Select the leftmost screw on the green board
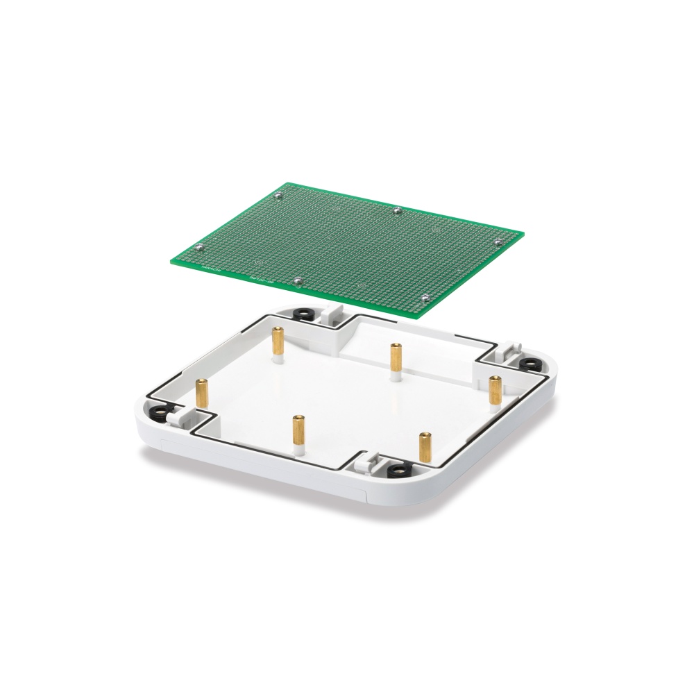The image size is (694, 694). [x=199, y=246]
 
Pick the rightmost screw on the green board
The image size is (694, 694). [x=499, y=241]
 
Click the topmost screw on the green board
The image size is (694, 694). [x=278, y=196]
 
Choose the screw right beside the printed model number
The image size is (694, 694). [x=298, y=280]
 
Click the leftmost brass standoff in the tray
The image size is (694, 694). [x=202, y=393]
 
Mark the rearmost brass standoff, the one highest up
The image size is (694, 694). [x=278, y=339]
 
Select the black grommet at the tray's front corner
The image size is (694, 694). [x=398, y=470]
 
